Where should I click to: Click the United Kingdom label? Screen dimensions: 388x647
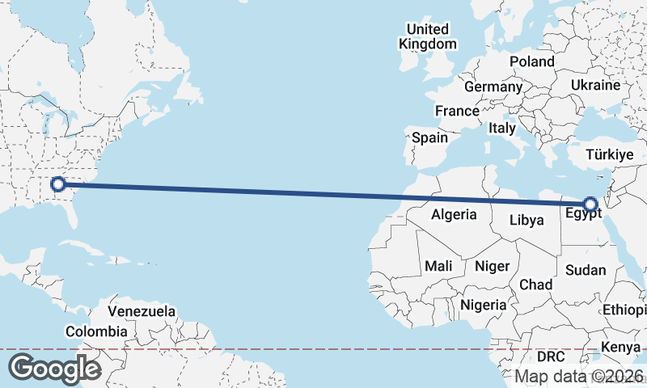pos(428,36)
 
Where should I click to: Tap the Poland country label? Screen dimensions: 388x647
pos(532,61)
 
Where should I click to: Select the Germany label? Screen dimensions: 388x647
pos(493,86)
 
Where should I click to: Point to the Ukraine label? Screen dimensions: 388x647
pos(595,85)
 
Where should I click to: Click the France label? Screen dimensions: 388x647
pos(457,111)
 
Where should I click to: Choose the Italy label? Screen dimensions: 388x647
pos(502,128)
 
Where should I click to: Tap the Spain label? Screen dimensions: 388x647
pos(429,137)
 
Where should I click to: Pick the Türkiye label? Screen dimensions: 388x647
pos(608,154)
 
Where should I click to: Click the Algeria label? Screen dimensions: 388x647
pos(454,215)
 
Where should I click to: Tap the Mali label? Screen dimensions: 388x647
pos(439,266)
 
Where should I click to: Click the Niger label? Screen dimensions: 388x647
pos(493,266)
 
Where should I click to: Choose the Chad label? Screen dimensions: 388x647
pos(536,285)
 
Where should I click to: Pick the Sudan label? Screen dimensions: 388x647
pos(586,270)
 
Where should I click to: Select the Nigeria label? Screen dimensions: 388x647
pos(483,305)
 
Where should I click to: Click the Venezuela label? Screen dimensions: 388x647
pos(142,311)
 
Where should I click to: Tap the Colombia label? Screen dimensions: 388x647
pos(96,331)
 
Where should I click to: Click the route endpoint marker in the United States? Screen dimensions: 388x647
pos(57,184)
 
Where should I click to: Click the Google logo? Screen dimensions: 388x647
pos(54,369)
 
